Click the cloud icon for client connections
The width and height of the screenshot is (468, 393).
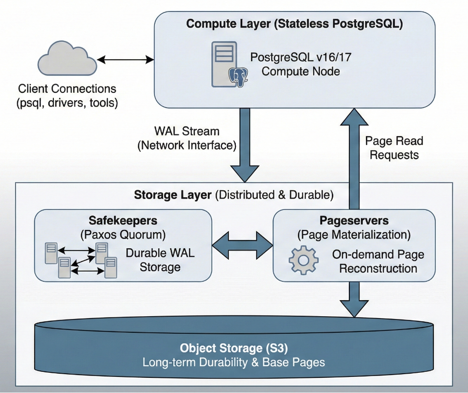[67, 60]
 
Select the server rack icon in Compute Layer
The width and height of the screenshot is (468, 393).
[224, 64]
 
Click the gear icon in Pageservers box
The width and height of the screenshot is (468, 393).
[303, 260]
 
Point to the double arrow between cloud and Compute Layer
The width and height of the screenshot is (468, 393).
[125, 59]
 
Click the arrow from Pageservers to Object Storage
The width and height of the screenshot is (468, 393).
[354, 299]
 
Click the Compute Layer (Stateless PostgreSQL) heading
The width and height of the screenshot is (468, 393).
[294, 24]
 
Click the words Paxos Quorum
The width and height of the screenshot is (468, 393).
[123, 235]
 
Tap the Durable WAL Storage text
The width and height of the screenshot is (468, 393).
[160, 260]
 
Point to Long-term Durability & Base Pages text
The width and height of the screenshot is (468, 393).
[234, 362]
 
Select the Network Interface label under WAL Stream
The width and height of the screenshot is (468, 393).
[187, 146]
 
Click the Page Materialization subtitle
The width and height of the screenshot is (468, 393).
[354, 235]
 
